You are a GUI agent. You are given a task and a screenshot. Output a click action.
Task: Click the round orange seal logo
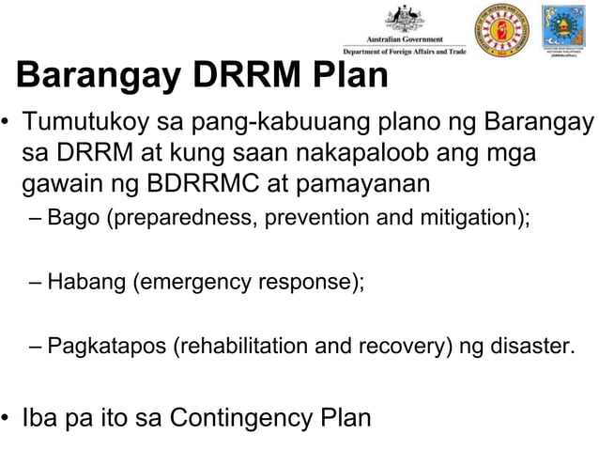500,30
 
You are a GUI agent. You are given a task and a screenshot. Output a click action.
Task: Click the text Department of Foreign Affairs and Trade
404,52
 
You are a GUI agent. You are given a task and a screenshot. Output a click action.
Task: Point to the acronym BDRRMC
199,181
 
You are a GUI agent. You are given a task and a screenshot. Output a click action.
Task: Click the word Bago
72,221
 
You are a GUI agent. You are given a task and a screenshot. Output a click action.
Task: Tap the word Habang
87,281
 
